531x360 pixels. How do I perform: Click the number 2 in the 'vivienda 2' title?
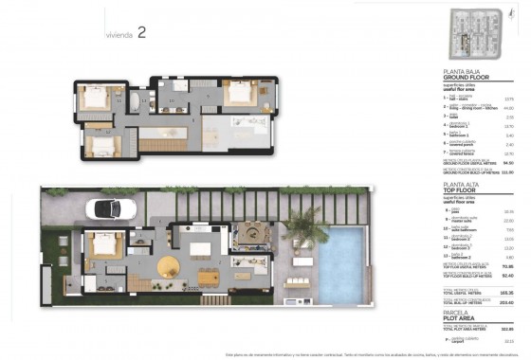(x=141, y=31)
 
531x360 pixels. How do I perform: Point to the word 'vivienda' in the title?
(x=118, y=34)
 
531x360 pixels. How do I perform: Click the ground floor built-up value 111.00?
(x=506, y=171)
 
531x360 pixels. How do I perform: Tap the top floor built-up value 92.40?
(x=506, y=276)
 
